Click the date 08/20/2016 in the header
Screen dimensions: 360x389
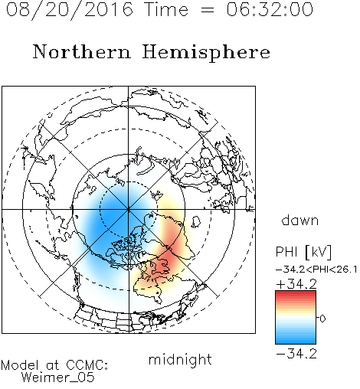coord(70,10)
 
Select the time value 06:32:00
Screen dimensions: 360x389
coord(270,9)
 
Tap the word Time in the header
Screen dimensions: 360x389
coord(166,9)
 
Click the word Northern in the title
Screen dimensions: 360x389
coord(82,51)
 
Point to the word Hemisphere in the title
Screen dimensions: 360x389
coord(206,53)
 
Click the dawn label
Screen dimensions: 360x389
coord(300,220)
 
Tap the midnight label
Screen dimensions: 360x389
coord(180,359)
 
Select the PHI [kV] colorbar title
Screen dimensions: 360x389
coord(303,252)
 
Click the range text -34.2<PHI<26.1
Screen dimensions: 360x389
coord(316,270)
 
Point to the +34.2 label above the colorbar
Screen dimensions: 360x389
coord(296,284)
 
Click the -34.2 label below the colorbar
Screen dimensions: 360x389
coord(296,354)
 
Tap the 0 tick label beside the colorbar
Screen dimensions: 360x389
coord(322,319)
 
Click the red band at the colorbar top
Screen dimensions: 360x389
coord(296,294)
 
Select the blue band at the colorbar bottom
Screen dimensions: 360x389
coord(296,340)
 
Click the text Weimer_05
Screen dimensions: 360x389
coord(58,378)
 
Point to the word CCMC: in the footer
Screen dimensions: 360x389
coord(87,365)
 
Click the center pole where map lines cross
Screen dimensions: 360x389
coord(129,210)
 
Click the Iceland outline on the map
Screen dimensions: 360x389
coord(196,221)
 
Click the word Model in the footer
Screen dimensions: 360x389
coord(20,365)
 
